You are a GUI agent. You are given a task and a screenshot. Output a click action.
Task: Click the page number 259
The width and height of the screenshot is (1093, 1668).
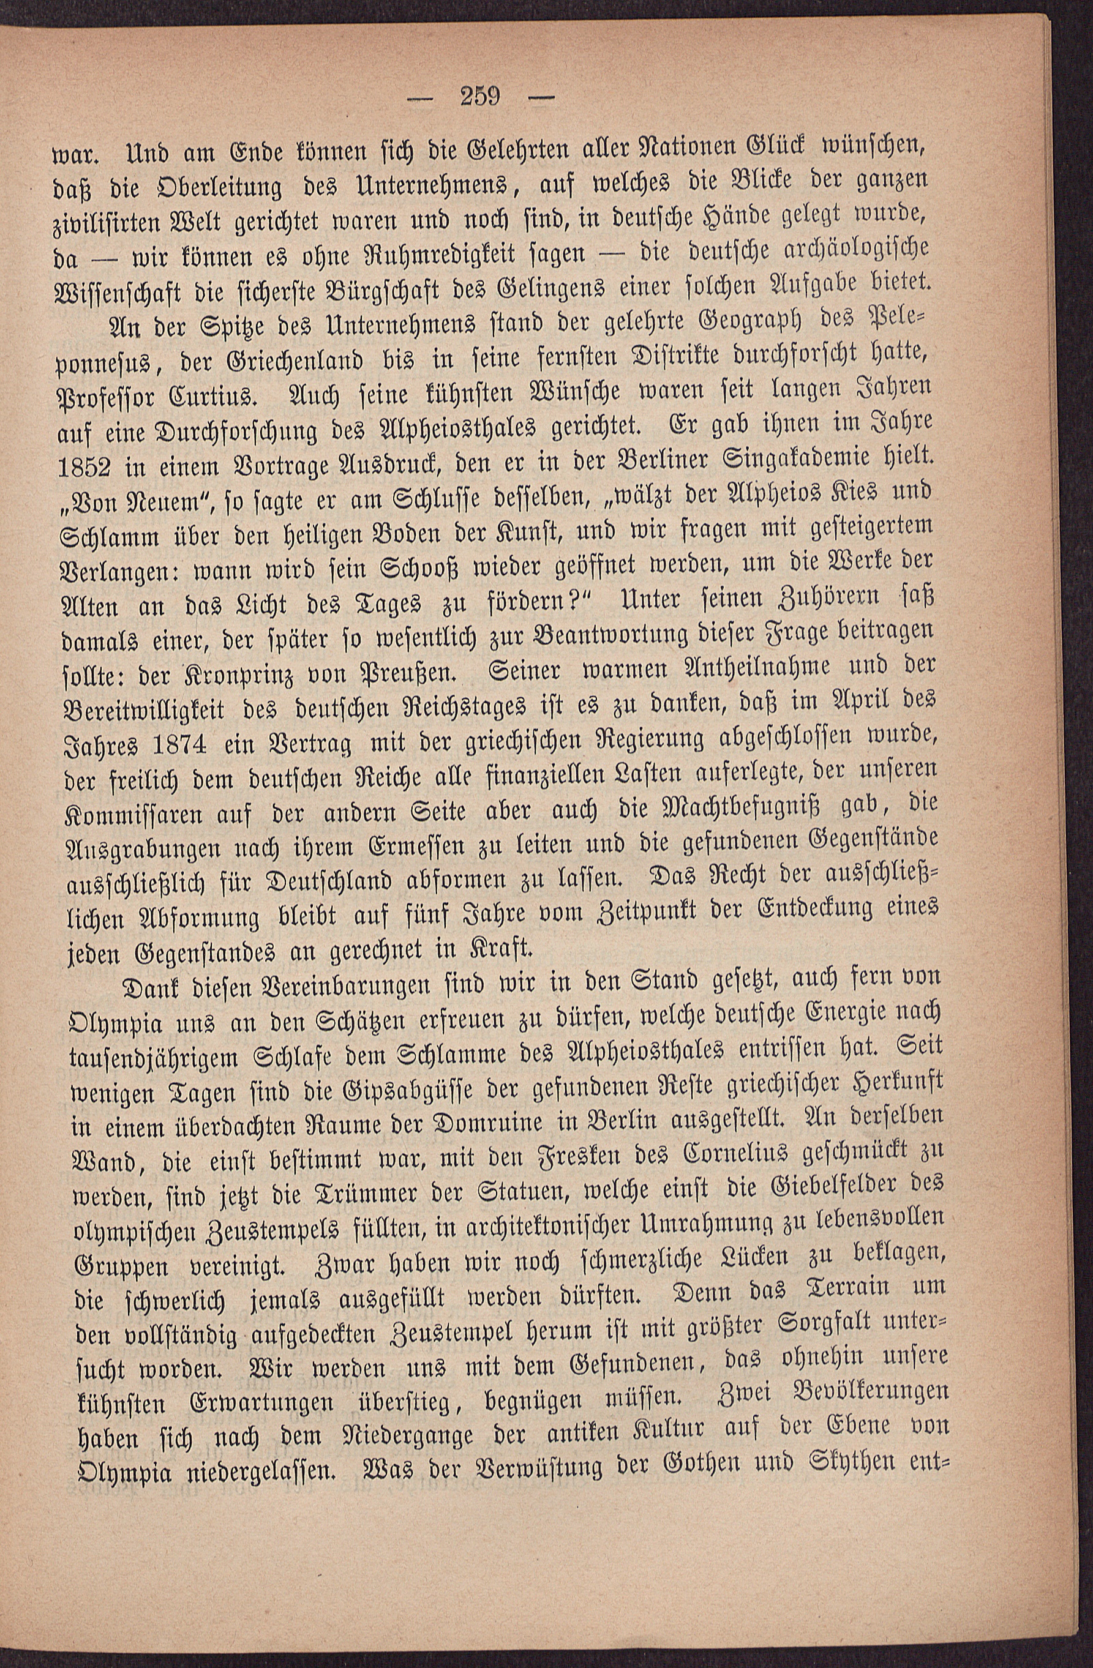[x=479, y=95]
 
